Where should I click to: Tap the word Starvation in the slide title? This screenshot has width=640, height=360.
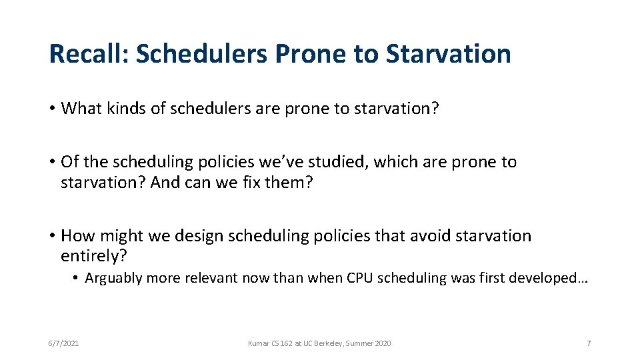(x=448, y=54)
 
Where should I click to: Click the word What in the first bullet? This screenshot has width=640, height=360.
(x=79, y=109)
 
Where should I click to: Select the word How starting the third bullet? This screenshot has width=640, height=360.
(x=76, y=236)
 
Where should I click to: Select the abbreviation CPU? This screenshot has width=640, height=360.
(x=361, y=279)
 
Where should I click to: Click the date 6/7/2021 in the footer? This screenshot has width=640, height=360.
(x=63, y=343)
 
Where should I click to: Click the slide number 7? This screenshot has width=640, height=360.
(x=589, y=343)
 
